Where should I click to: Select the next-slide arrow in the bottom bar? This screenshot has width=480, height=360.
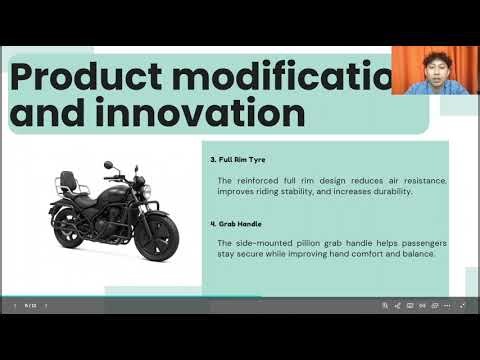pyautogui.click(x=45, y=305)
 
